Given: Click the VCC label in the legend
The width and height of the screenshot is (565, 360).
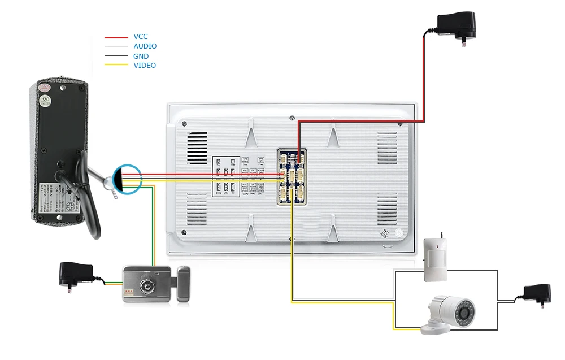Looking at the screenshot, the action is [x=141, y=37].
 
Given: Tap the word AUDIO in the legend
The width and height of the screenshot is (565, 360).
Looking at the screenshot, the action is [x=145, y=46].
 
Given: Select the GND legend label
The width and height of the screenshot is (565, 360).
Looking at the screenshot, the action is [x=141, y=56].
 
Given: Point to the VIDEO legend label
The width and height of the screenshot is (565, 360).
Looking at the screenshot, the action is [x=145, y=66].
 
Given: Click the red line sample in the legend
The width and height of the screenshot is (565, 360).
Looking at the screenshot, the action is [x=116, y=38].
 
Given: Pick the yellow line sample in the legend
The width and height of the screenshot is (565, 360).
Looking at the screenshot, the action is [x=116, y=66].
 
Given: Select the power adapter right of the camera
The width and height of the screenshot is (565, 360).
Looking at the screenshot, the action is [x=537, y=293].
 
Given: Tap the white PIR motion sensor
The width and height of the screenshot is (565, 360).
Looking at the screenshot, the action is [x=434, y=259].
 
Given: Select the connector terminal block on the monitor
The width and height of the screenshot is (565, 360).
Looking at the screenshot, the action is [x=292, y=176].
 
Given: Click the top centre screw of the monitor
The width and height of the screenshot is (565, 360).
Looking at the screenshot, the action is [x=292, y=118].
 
